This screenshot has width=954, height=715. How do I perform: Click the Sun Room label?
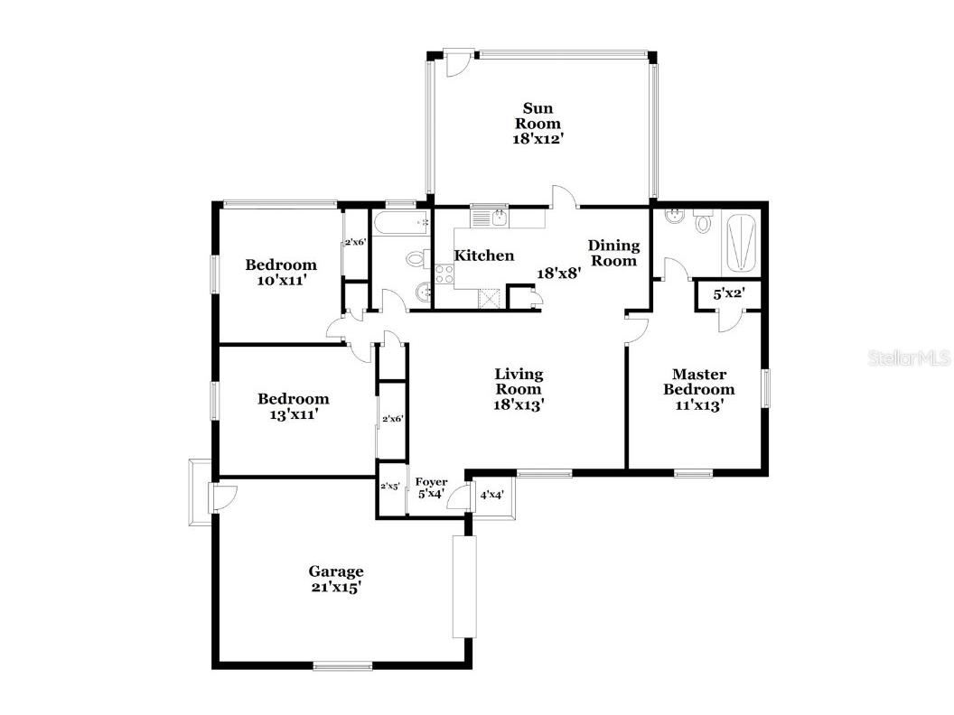(538, 116)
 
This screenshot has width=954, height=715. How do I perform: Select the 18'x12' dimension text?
(538, 139)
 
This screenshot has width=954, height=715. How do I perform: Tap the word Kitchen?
(483, 256)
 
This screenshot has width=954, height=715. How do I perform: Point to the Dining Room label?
(613, 253)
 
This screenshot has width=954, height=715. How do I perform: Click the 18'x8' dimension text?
(558, 273)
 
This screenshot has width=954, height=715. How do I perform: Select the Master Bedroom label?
(698, 382)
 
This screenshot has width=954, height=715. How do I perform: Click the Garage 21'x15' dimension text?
(336, 587)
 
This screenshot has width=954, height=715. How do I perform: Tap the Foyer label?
(431, 482)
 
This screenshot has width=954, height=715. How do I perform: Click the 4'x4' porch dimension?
(491, 496)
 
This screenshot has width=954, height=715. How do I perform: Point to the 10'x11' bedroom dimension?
(281, 281)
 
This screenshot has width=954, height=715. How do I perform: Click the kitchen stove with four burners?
(444, 274)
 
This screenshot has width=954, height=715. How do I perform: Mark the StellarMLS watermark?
(909, 358)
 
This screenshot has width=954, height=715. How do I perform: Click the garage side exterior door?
(221, 497)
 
